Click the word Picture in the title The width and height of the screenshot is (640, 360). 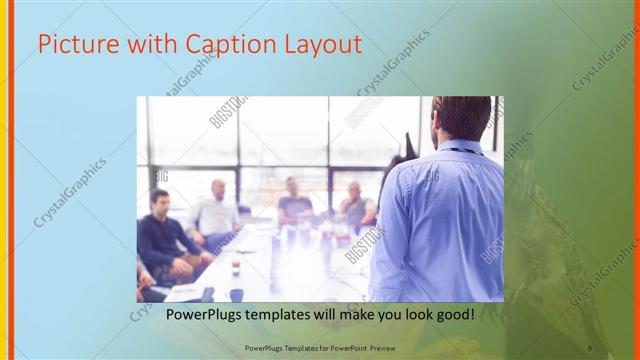click(71, 45)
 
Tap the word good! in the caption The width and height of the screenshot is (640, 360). click(451, 315)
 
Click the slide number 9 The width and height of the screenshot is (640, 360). click(590, 347)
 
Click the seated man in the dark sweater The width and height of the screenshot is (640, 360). click(165, 235)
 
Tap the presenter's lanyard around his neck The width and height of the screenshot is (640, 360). click(459, 150)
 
